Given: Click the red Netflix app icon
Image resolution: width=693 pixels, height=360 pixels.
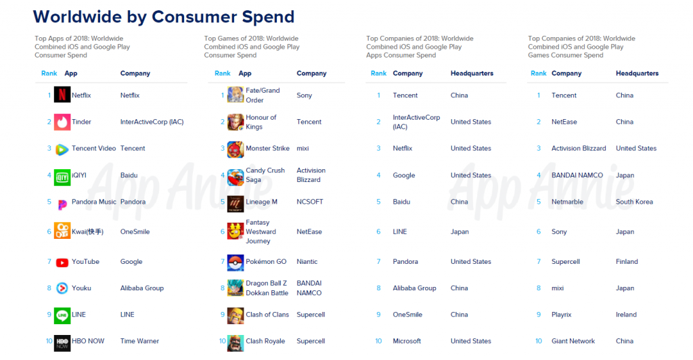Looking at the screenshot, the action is pyautogui.click(x=62, y=95).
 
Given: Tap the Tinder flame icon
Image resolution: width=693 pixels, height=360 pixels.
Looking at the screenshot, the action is pyautogui.click(x=62, y=122).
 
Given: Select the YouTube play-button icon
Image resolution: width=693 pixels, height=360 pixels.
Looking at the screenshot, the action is pyautogui.click(x=62, y=263).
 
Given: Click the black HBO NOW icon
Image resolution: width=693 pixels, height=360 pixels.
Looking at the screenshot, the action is pyautogui.click(x=62, y=343).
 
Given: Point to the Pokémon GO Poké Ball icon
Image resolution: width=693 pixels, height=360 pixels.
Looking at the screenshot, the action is pyautogui.click(x=235, y=263).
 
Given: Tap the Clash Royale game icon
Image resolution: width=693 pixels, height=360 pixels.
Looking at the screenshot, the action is pyautogui.click(x=235, y=343).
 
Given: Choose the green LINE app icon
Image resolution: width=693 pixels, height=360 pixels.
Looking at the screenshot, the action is pyautogui.click(x=62, y=316).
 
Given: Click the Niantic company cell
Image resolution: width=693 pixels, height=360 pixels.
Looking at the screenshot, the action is pyautogui.click(x=307, y=261).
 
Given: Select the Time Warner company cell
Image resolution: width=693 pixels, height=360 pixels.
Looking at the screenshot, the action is pyautogui.click(x=139, y=341).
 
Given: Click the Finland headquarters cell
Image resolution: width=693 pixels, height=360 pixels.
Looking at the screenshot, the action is pyautogui.click(x=627, y=261).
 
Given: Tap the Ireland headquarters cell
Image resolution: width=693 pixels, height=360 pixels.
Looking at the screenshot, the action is pyautogui.click(x=626, y=315).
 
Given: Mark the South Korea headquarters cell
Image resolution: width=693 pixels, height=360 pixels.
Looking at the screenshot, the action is pyautogui.click(x=634, y=202).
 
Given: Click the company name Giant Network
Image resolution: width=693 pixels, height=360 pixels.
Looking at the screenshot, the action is pyautogui.click(x=573, y=341).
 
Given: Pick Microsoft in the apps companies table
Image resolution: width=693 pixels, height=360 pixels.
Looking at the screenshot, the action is pyautogui.click(x=407, y=341).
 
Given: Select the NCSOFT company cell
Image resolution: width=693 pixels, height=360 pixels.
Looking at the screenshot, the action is pyautogui.click(x=310, y=202).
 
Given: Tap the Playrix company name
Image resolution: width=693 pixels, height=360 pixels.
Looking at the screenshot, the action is pyautogui.click(x=561, y=315).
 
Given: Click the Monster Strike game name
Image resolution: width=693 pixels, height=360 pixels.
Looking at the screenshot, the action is pyautogui.click(x=267, y=148).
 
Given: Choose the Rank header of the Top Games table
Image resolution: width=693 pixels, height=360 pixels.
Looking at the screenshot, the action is pyautogui.click(x=222, y=73).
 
